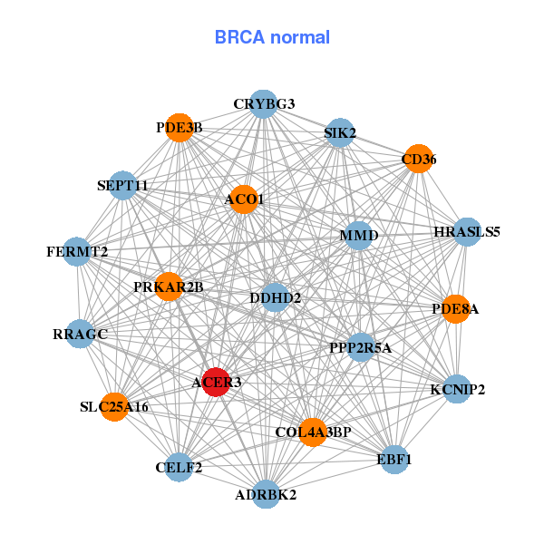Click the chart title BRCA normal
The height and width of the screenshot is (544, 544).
(272, 38)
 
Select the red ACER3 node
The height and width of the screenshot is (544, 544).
(216, 382)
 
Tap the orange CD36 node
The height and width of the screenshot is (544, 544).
(418, 159)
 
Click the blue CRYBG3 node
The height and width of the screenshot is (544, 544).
(263, 103)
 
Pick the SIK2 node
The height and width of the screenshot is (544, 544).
(339, 133)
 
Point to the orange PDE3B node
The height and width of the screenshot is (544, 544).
(180, 128)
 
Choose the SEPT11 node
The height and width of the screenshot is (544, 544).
(122, 185)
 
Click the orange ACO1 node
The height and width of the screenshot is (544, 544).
(244, 199)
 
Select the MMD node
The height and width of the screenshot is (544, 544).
(358, 236)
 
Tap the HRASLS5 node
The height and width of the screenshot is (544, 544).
(467, 232)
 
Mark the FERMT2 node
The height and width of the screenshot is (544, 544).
(78, 250)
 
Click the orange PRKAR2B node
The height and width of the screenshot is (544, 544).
(169, 287)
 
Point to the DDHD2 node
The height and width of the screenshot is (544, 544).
(275, 297)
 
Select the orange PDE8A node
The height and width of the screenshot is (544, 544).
(455, 309)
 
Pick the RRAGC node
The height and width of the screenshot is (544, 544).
(81, 335)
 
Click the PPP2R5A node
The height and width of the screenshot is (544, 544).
(360, 346)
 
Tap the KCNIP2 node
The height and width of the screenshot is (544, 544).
(457, 390)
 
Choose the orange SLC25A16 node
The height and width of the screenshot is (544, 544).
(114, 406)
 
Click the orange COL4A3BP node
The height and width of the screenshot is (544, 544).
(313, 432)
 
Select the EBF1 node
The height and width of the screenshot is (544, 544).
(394, 460)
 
